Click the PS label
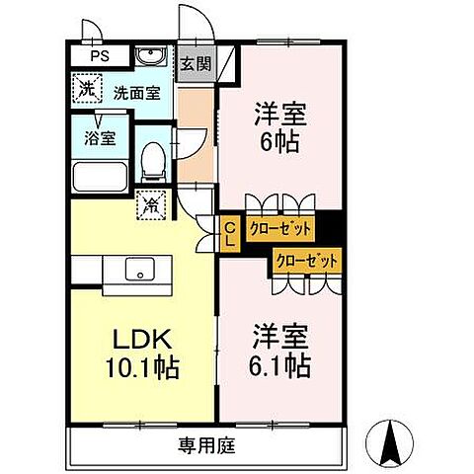pyautogui.click(x=99, y=56)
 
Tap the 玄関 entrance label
pyautogui.click(x=195, y=64)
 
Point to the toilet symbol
pyautogui.click(x=153, y=157)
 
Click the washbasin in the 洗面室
pyautogui.click(x=150, y=56)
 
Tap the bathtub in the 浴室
pyautogui.click(x=97, y=177)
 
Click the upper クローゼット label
pyautogui.click(x=280, y=229)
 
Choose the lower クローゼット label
pyautogui.click(x=306, y=261)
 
